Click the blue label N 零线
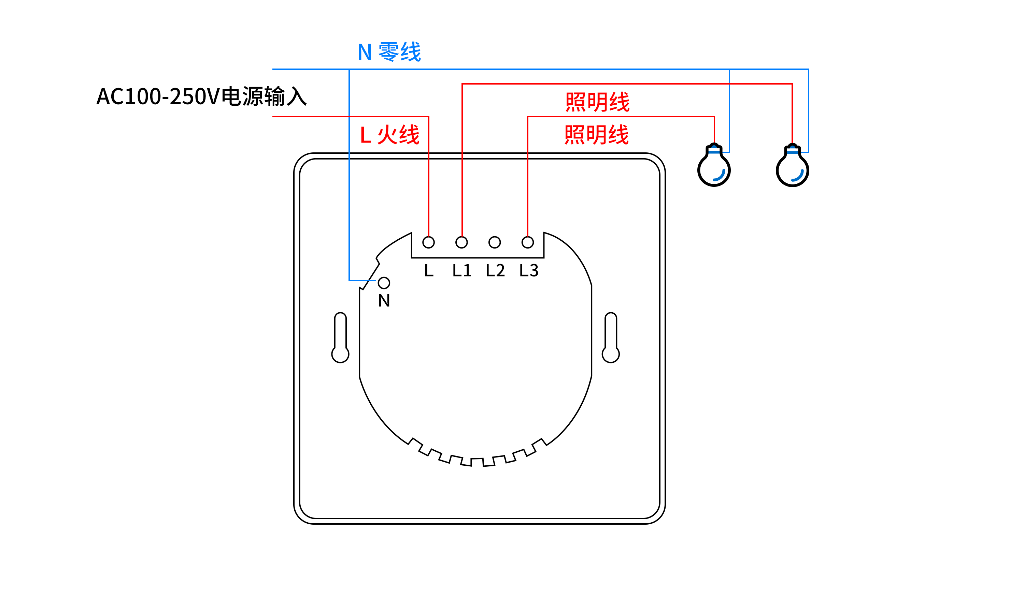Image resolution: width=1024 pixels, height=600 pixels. [389, 51]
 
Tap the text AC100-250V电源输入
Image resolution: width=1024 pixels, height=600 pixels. [201, 96]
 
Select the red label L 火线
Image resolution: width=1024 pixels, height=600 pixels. [389, 135]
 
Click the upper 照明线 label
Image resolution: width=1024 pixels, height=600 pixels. [597, 102]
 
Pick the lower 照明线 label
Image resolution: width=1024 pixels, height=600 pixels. [597, 135]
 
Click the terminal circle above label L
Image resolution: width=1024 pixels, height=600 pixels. [428, 242]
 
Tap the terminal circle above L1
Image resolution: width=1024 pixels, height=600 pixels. [461, 242]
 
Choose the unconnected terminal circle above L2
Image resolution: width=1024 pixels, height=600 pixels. [495, 242]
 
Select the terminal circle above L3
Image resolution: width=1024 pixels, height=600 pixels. [527, 242]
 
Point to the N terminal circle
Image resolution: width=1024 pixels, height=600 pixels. [384, 283]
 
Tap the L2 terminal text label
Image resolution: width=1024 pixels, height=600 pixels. [495, 270]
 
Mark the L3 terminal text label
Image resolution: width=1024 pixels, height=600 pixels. [529, 270]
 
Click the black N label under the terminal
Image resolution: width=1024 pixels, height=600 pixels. [384, 301]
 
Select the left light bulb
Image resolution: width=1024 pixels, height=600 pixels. [714, 166]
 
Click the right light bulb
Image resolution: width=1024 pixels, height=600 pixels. [792, 166]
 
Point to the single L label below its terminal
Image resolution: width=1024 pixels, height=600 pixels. [429, 270]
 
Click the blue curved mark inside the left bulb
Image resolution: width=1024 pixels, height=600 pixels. [719, 176]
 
